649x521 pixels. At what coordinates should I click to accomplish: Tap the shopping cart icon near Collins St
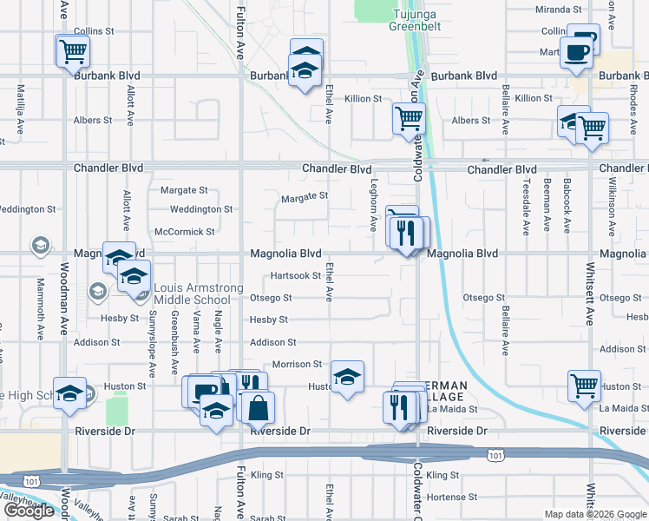(x=73, y=50)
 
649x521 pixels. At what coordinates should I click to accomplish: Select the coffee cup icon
(x=575, y=52)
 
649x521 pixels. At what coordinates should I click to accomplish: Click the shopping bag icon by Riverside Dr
(x=259, y=407)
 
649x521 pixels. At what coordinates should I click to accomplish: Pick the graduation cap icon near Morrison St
(x=347, y=377)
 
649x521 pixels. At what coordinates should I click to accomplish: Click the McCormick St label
(x=184, y=232)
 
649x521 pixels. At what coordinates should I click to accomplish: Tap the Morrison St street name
(x=298, y=365)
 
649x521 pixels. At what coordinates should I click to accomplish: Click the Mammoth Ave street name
(x=40, y=308)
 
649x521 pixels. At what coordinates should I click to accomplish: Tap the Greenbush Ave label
(x=174, y=333)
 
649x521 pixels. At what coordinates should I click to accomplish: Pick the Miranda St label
(x=559, y=10)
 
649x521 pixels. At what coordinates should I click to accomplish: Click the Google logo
(x=29, y=511)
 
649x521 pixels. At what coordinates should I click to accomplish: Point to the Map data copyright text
(x=595, y=514)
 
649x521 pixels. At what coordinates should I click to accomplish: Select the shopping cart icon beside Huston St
(x=585, y=386)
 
